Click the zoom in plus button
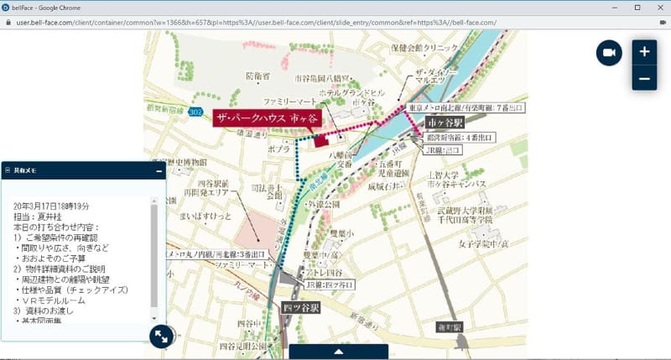[x=644, y=51]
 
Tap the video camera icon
[x=609, y=53]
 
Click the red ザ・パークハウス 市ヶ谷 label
[x=263, y=118]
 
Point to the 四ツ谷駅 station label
[x=300, y=308]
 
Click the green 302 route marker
[x=195, y=112]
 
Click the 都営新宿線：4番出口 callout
[x=460, y=137]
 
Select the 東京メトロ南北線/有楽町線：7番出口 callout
[x=466, y=108]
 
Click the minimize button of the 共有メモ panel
[x=159, y=170]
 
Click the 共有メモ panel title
[x=26, y=170]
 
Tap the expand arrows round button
[x=160, y=337]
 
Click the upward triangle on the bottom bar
[x=338, y=352]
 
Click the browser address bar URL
[x=252, y=22]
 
